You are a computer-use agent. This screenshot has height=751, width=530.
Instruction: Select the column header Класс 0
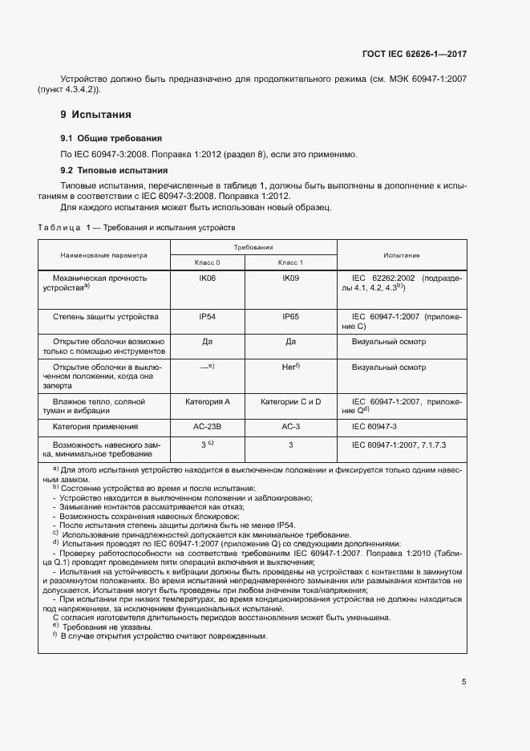click(x=207, y=262)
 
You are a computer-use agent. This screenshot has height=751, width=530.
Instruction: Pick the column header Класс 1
click(x=290, y=262)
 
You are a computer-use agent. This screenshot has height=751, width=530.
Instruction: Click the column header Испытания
click(x=401, y=255)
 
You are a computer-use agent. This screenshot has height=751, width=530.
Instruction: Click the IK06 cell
click(x=207, y=278)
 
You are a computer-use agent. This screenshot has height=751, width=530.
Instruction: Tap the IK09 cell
click(x=290, y=278)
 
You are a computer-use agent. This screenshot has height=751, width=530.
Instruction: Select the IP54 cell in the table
click(x=207, y=317)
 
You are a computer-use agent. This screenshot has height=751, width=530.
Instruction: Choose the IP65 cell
click(x=290, y=317)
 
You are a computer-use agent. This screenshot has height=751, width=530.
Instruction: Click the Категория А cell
click(x=207, y=400)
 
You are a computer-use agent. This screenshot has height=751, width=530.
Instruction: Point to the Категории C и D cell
click(x=290, y=400)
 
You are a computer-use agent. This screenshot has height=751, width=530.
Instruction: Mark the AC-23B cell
click(x=207, y=427)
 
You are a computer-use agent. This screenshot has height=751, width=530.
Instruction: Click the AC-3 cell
click(x=290, y=427)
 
